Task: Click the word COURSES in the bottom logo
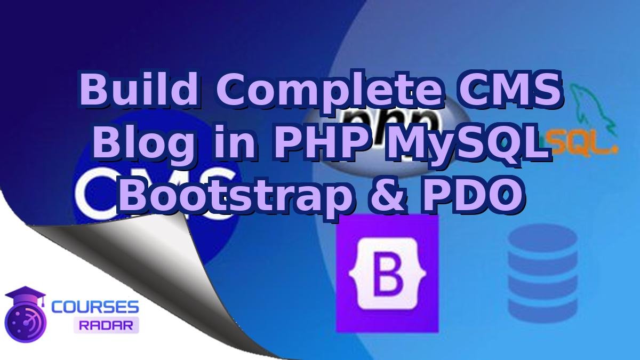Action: [x=95, y=307]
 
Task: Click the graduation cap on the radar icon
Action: [x=31, y=295]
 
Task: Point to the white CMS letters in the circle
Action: [x=155, y=192]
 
